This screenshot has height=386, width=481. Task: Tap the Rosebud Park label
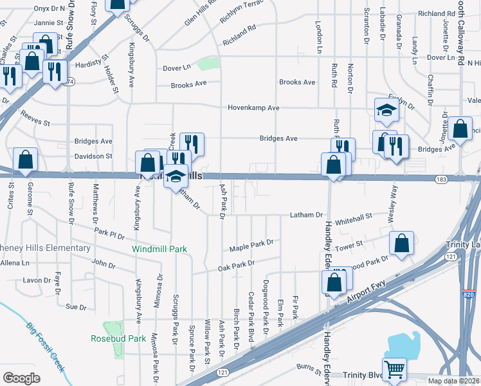[x=118, y=338]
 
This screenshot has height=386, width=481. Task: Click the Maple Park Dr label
[x=251, y=245]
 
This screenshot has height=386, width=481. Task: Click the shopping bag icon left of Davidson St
[x=25, y=160]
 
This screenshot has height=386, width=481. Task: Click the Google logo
[x=22, y=378]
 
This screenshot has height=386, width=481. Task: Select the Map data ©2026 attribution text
[x=453, y=381]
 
